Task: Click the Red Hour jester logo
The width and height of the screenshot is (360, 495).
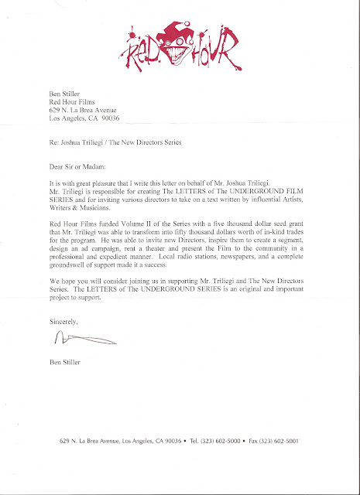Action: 179,39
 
